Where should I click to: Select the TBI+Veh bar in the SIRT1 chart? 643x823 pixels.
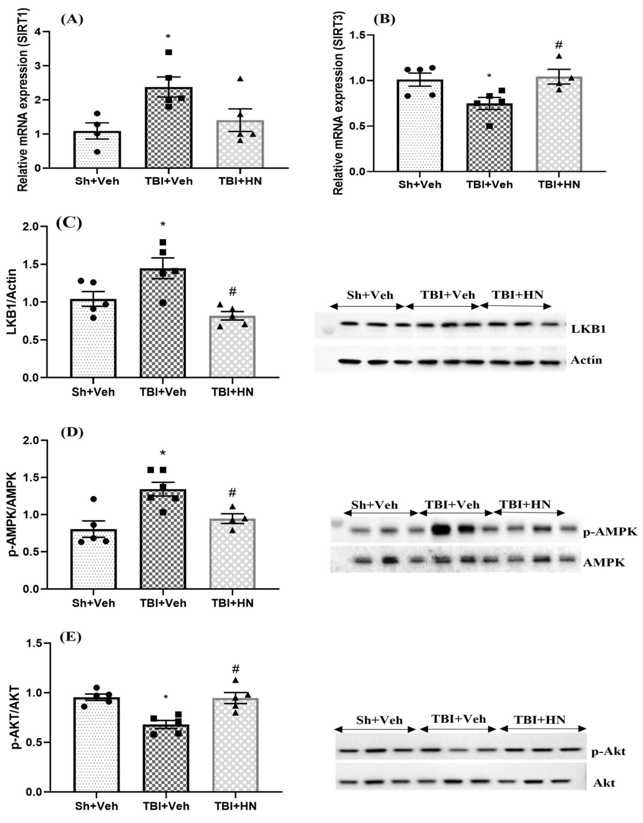pos(168,128)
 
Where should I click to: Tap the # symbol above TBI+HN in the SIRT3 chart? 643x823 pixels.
pos(559,45)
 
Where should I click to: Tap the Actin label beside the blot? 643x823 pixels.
pos(586,360)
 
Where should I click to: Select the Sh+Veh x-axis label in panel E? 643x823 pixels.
pos(96,806)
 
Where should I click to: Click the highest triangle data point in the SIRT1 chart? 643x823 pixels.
pos(240,79)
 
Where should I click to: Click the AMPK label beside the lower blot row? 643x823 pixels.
pos(604,563)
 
